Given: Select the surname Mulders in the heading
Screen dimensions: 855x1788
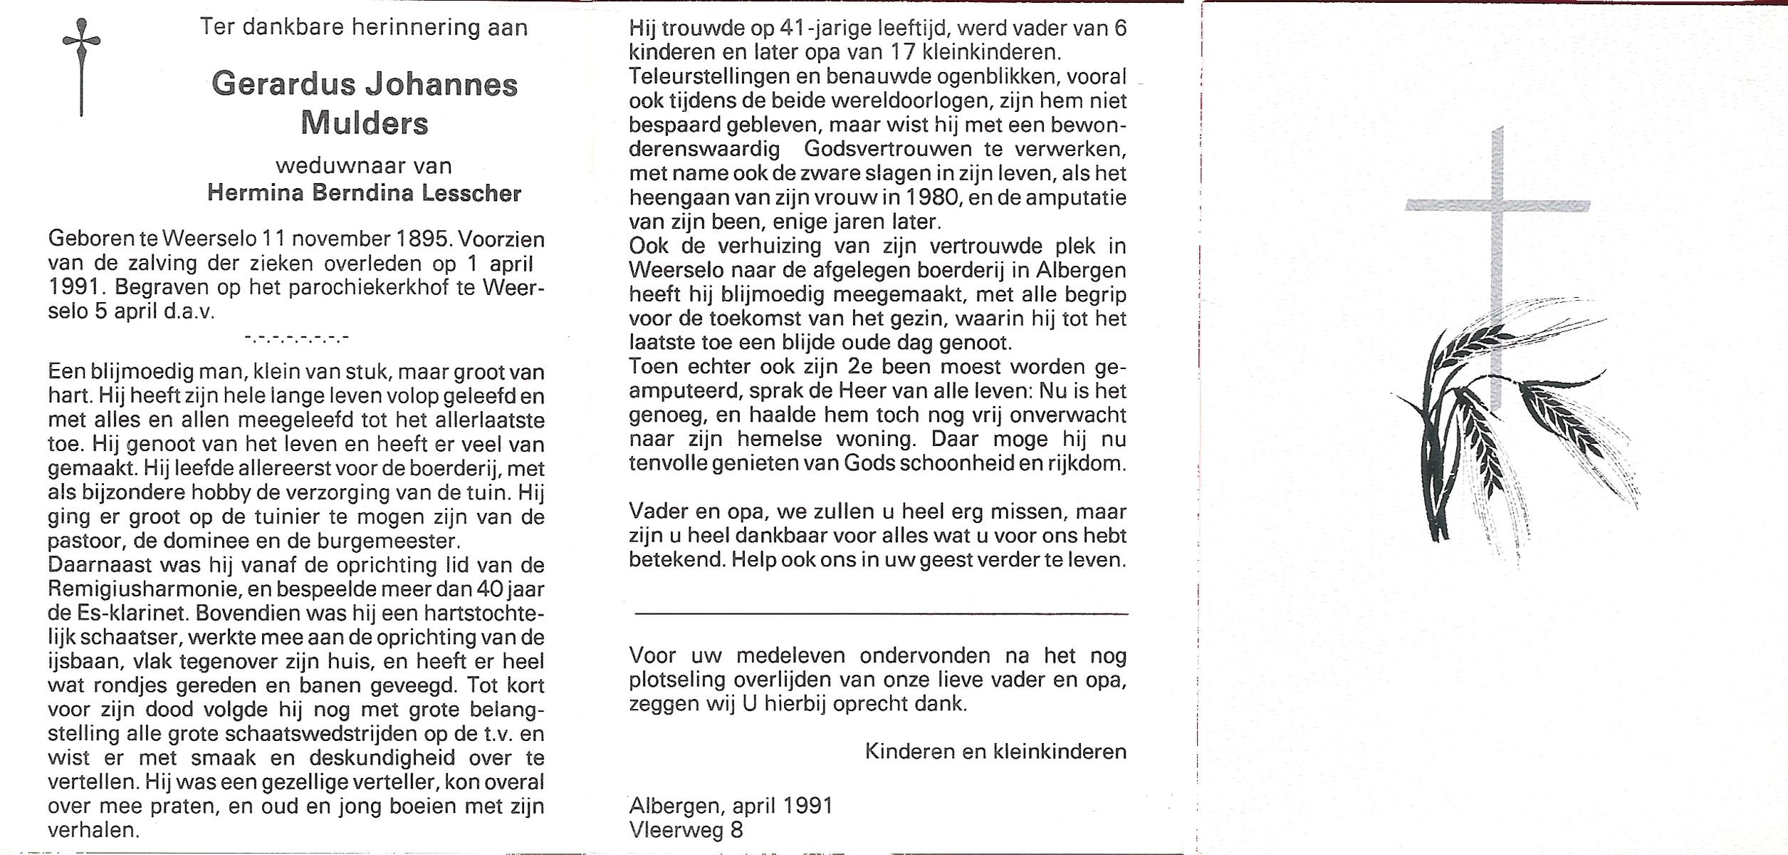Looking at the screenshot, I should (x=364, y=123).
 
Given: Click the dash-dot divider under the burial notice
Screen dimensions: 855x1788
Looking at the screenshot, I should (x=296, y=338).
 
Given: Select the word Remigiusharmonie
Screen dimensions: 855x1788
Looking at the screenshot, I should (x=137, y=589).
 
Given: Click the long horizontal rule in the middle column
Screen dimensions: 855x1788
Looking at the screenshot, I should (x=881, y=613).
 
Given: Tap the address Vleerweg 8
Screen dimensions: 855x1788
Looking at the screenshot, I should (x=686, y=830).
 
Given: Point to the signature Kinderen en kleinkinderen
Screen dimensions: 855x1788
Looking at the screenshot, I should (x=995, y=752).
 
